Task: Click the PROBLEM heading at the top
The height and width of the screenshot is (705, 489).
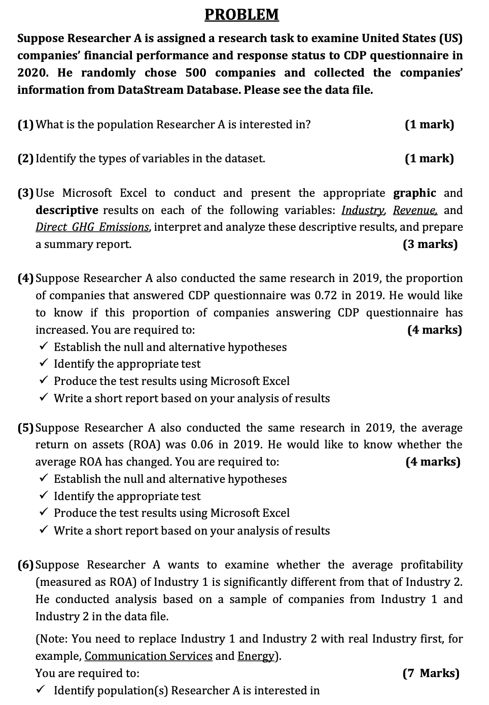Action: click(x=241, y=14)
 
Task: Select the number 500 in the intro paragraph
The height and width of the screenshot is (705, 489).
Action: click(x=196, y=73)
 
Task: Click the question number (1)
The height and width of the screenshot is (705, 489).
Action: click(x=26, y=124)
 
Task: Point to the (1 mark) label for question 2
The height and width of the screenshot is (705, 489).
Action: click(x=429, y=158)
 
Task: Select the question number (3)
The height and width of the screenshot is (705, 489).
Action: click(x=26, y=193)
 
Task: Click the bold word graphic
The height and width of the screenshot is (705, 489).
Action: click(x=414, y=193)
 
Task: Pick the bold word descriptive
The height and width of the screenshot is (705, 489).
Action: click(x=66, y=210)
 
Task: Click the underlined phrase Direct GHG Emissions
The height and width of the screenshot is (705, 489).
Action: click(x=92, y=227)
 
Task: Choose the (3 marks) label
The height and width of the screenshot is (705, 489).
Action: click(x=430, y=244)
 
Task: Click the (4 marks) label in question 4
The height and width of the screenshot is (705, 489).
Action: click(x=434, y=330)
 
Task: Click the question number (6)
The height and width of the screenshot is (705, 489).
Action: click(x=26, y=565)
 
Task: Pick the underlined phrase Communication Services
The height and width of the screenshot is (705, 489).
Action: click(x=148, y=656)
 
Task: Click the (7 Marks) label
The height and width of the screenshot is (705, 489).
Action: click(x=430, y=673)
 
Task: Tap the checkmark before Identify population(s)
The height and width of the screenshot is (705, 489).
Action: click(x=44, y=690)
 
